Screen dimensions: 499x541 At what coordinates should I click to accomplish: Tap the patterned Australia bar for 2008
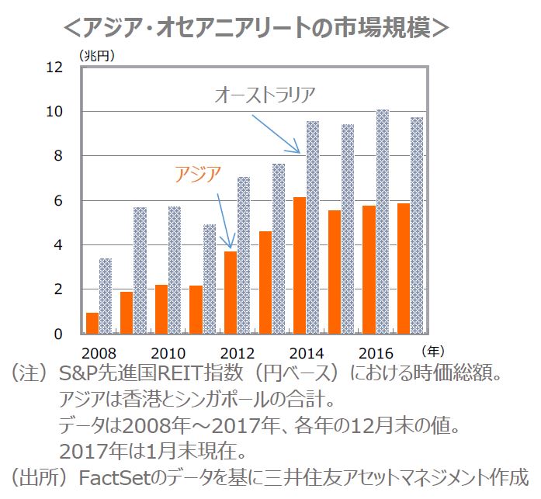[x=106, y=296]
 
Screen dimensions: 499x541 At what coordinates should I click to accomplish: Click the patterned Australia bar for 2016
[x=382, y=222]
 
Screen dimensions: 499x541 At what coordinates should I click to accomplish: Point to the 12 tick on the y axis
[x=54, y=68]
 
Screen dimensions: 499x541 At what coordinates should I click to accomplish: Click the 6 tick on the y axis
[x=57, y=201]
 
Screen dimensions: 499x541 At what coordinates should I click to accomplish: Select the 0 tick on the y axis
[x=57, y=334]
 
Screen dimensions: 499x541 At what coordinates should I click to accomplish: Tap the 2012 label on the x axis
[x=237, y=352]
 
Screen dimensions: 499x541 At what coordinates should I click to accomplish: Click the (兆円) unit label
[x=97, y=55]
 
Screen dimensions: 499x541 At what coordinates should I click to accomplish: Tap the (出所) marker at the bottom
[x=37, y=476]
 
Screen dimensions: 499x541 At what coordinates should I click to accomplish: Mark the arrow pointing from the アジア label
[x=224, y=219]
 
